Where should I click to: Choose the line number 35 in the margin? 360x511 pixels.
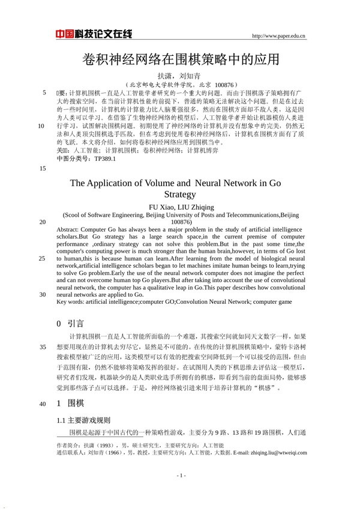coord(42,347)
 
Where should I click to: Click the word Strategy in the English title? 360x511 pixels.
coord(180,195)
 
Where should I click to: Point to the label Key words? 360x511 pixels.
coord(70,303)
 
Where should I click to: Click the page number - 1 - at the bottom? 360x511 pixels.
coord(181,476)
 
